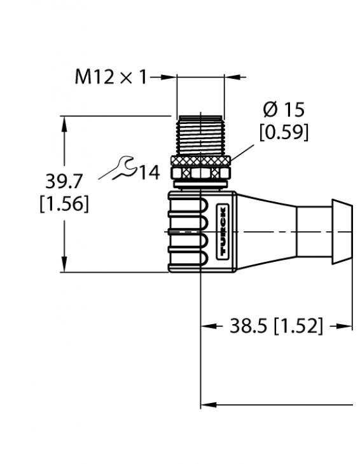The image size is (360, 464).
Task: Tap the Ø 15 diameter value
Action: (284, 110)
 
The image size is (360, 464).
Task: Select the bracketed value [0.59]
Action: (284, 132)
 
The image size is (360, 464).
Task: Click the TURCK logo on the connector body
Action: (225, 232)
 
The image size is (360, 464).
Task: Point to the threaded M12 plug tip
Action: (200, 134)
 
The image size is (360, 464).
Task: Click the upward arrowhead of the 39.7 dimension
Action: (64, 121)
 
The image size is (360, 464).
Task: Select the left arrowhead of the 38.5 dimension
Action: (207, 327)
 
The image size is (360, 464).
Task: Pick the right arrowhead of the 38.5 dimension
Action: (347, 327)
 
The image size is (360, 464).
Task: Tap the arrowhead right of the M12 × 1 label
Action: (170, 78)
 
